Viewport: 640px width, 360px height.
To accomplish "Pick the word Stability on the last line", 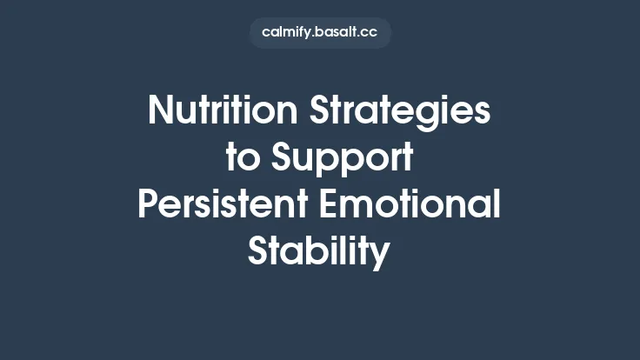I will [319, 252].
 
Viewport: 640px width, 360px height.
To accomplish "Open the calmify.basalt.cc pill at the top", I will [320, 33].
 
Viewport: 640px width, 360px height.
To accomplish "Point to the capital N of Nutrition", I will [160, 111].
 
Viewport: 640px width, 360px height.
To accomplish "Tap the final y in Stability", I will [381, 256].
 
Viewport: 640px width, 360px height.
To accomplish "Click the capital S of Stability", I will [258, 251].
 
